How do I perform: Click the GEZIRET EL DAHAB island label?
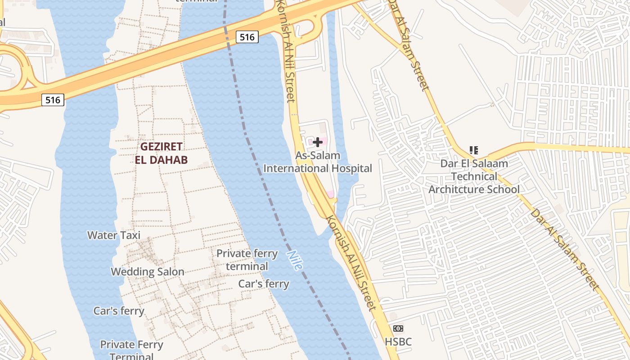(x=161, y=153)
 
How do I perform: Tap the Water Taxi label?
(x=114, y=235)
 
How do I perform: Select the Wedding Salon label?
(x=148, y=272)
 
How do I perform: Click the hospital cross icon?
(x=318, y=143)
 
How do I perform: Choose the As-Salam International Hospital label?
(x=318, y=162)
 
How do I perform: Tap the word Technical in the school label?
(x=474, y=176)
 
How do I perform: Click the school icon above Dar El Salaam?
(x=473, y=150)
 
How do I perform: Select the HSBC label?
(x=398, y=342)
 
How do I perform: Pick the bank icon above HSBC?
(x=398, y=328)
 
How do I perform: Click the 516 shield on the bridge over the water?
(x=247, y=37)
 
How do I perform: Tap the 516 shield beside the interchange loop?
(x=53, y=100)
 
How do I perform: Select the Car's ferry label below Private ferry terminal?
(x=264, y=283)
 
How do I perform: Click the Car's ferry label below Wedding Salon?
(x=119, y=311)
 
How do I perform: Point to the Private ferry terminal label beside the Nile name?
(x=247, y=260)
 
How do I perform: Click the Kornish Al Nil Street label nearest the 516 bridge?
(x=286, y=52)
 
